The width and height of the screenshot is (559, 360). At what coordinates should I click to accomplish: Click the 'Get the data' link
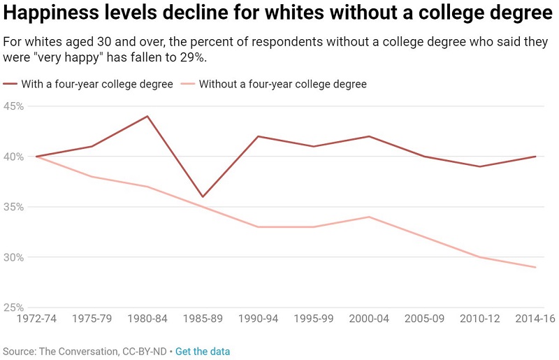click(x=202, y=351)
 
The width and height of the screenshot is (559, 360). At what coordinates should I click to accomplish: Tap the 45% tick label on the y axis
click(x=14, y=106)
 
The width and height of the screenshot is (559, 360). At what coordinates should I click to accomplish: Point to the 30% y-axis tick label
click(x=14, y=257)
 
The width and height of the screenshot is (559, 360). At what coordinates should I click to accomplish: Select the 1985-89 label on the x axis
click(x=203, y=319)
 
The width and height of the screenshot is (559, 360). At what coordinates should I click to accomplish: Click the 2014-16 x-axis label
click(x=535, y=319)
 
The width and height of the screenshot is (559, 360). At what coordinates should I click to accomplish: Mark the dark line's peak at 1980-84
click(x=147, y=116)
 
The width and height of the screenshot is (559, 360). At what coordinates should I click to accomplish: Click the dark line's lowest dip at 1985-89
click(x=203, y=196)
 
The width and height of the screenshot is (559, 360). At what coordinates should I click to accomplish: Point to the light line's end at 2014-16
click(x=535, y=267)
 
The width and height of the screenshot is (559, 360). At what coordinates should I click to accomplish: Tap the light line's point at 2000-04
click(x=369, y=217)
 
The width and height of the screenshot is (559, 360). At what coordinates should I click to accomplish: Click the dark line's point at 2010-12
click(x=480, y=166)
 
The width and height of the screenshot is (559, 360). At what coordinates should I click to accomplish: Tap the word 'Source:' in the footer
click(x=19, y=351)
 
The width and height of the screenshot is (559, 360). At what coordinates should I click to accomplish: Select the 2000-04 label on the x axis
click(x=369, y=319)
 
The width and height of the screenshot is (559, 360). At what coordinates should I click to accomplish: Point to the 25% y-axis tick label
click(x=14, y=308)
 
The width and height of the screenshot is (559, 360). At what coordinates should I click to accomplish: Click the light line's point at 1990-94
click(x=258, y=227)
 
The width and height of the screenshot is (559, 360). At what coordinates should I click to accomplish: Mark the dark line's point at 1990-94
click(x=258, y=136)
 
